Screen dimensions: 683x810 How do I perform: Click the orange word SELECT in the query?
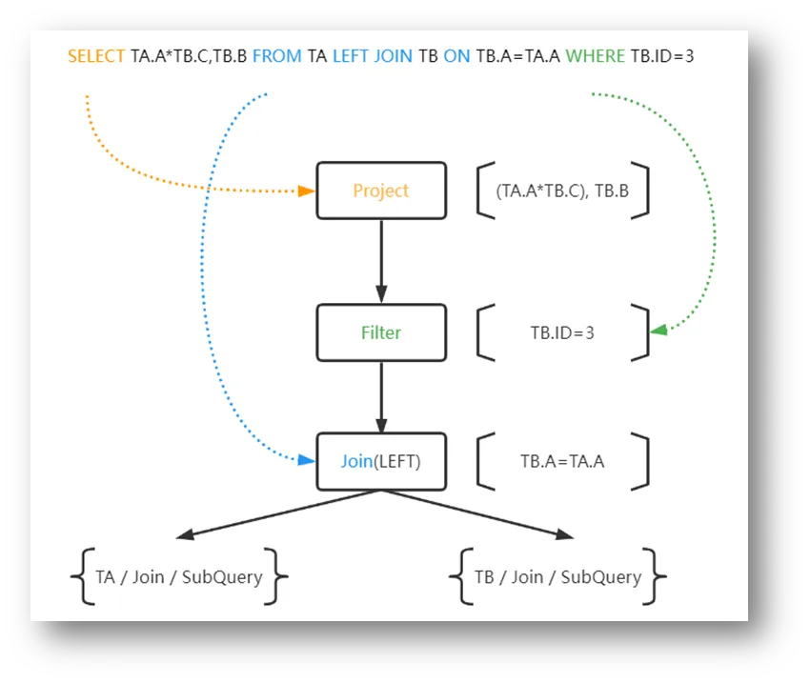(x=96, y=56)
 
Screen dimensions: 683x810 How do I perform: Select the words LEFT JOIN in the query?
(x=373, y=56)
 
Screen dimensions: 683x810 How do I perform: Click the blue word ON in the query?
(x=456, y=56)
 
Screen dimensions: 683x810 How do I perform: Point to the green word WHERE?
(x=596, y=56)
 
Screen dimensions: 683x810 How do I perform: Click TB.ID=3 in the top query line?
(x=662, y=56)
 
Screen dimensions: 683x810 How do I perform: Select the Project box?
(x=381, y=191)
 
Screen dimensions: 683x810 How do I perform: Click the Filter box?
(x=381, y=332)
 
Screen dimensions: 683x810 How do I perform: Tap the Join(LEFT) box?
(x=381, y=462)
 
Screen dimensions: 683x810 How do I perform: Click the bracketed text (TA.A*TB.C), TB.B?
(x=561, y=191)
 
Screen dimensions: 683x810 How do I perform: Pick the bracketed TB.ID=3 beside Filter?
(x=562, y=333)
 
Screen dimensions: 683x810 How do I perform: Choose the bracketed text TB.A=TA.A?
(x=562, y=462)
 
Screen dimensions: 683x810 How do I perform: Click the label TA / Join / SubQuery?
(x=179, y=576)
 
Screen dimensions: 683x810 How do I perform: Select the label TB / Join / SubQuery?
(x=557, y=576)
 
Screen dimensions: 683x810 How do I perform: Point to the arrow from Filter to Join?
(x=381, y=395)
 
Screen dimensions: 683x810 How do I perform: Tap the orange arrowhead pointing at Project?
(x=307, y=191)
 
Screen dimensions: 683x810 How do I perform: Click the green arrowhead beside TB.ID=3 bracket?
(x=658, y=331)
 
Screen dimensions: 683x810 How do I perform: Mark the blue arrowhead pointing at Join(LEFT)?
(x=306, y=460)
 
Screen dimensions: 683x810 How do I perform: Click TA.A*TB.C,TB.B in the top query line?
(x=189, y=56)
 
